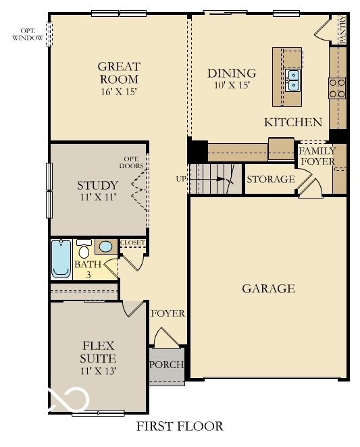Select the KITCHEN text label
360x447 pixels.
292,122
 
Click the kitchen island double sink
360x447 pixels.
293,80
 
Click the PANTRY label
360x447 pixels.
342,31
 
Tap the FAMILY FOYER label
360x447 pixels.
317,156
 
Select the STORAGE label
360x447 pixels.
270,179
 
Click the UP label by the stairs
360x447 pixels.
180,179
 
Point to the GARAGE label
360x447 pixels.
268,289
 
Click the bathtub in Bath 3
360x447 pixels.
61,259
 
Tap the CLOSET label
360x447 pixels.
132,242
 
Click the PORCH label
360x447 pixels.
166,365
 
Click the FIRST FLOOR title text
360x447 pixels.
179,427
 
